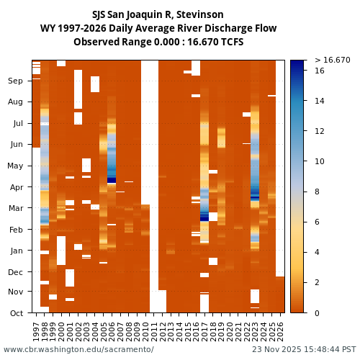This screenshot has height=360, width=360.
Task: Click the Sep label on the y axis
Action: coord(15,81)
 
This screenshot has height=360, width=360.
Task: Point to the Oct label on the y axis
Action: coord(15,313)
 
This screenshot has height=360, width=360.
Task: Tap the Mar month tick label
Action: coord(15,208)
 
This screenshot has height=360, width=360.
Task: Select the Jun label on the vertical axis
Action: coord(15,145)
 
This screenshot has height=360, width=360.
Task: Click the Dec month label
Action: coord(15,272)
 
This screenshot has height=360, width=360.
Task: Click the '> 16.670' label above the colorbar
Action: coord(332,60)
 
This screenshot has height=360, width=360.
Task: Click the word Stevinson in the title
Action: coord(199,15)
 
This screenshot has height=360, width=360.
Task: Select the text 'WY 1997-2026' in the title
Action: coord(71,29)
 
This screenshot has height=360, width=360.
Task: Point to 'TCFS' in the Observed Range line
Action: coord(230,42)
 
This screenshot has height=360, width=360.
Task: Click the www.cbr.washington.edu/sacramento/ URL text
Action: coord(78,350)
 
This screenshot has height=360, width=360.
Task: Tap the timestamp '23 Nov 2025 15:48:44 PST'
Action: coord(303,350)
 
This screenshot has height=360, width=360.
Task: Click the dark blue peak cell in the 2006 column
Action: coord(112,180)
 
